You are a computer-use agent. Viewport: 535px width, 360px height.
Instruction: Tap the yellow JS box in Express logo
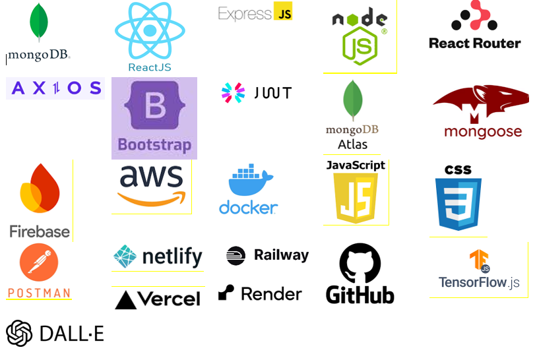pos(284,12)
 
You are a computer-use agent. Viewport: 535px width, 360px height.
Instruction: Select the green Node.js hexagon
pos(360,45)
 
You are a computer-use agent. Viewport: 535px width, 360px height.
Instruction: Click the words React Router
pos(474,44)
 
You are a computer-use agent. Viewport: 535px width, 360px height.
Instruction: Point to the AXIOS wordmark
pos(55,88)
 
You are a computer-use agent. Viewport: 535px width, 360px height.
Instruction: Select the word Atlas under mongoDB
pos(352,144)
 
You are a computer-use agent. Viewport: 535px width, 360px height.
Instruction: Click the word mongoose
pos(482,132)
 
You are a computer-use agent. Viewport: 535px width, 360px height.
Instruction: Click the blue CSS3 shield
pos(458,203)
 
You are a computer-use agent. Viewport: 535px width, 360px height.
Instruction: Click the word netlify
pos(172,256)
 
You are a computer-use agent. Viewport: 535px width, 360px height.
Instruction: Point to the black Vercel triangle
pos(125,300)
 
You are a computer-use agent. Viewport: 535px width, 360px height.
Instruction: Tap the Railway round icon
pos(236,256)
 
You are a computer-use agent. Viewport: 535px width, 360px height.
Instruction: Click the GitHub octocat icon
pos(360,264)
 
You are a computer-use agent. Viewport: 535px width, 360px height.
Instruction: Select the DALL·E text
pos(71,334)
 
